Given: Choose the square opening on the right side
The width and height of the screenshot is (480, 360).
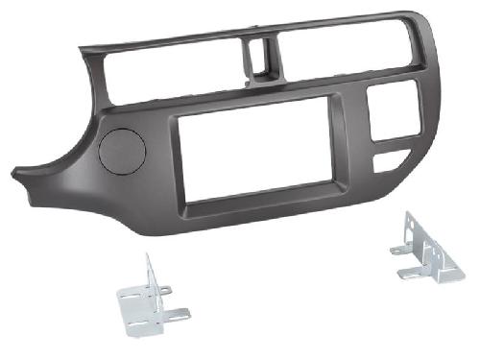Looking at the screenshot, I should pos(394,111).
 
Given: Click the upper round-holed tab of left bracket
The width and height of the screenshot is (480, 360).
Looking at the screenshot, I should pos(165,288).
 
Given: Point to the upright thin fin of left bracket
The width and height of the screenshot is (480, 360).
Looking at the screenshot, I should pos(148,274).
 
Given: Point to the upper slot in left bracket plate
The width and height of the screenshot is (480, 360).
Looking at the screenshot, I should pos(134,301).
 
